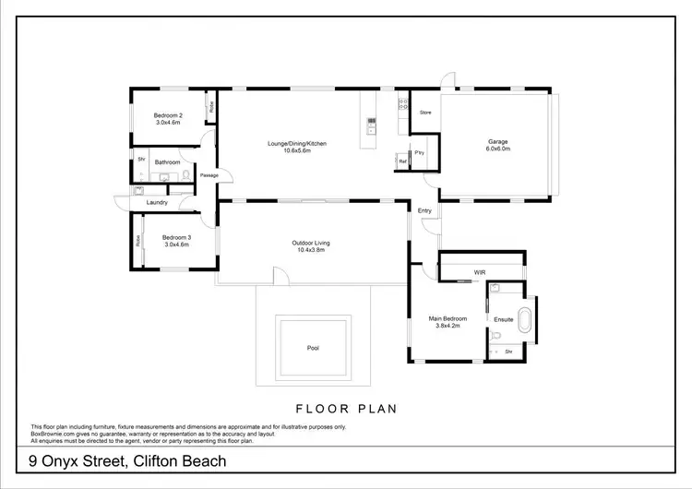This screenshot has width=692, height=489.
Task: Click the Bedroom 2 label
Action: click(x=168, y=115)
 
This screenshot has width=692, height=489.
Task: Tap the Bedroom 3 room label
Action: click(x=168, y=236)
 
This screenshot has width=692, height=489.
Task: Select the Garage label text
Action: click(x=498, y=142)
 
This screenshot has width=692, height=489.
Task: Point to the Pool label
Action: click(x=314, y=349)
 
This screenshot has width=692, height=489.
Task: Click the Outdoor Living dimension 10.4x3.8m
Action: click(x=310, y=250)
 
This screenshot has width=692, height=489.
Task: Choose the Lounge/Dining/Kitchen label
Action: click(x=297, y=144)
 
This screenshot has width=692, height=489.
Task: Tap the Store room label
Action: click(x=425, y=113)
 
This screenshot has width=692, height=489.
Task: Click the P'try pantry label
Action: click(x=418, y=152)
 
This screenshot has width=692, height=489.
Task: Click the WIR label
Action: click(x=480, y=273)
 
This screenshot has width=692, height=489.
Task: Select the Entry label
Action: click(x=424, y=211)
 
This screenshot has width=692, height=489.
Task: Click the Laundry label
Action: click(x=156, y=203)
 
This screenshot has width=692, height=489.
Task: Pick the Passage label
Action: click(x=209, y=175)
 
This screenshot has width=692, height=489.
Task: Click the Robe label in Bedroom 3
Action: click(x=138, y=240)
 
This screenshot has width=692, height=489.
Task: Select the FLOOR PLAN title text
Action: click(x=345, y=408)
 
